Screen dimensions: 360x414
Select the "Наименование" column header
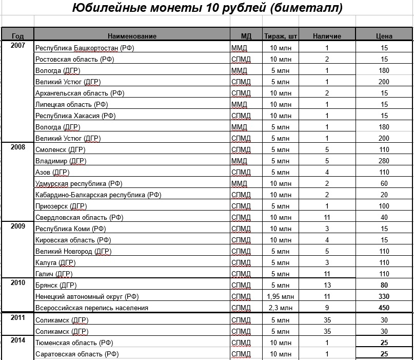click(x=132, y=36)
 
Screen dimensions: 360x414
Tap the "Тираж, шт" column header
click(x=281, y=36)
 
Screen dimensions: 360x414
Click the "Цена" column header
click(x=384, y=36)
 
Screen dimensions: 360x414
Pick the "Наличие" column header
click(x=327, y=36)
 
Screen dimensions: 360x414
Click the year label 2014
click(x=17, y=340)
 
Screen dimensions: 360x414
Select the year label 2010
click(x=17, y=283)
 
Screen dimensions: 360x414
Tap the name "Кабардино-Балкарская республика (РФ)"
click(x=98, y=195)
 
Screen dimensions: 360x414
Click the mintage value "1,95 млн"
click(x=281, y=297)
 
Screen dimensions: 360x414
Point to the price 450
click(x=384, y=308)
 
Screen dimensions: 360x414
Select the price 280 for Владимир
click(x=384, y=161)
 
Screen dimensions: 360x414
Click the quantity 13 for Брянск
click(x=327, y=286)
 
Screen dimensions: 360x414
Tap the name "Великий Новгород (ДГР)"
click(x=73, y=252)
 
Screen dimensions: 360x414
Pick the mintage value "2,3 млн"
click(x=281, y=308)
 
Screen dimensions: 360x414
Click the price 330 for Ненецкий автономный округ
click(x=384, y=297)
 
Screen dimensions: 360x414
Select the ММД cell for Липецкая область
click(x=239, y=105)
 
